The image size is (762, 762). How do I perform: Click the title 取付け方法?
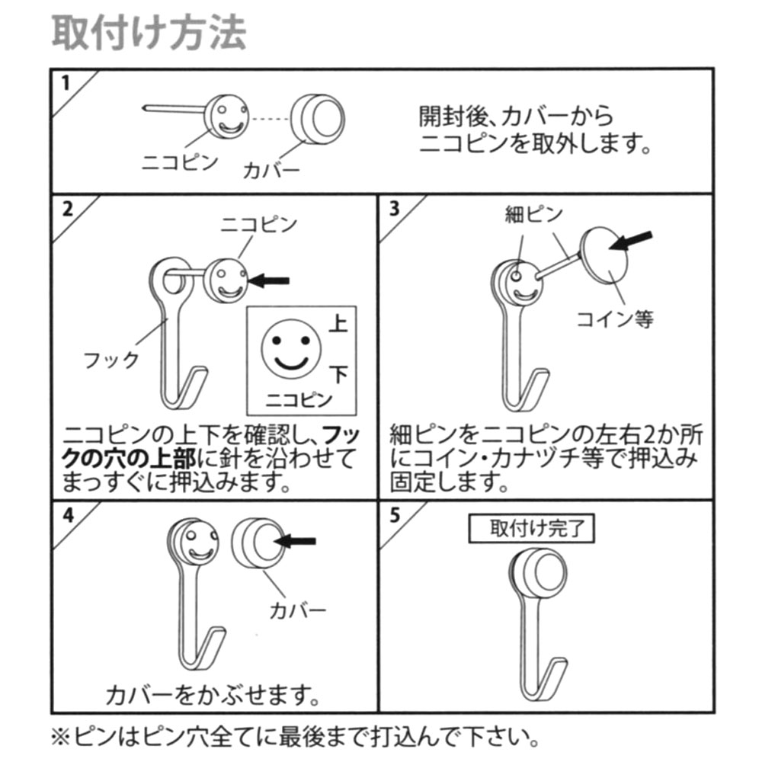[149, 33]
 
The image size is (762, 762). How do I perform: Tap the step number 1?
[66, 83]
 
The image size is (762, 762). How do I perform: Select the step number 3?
[394, 209]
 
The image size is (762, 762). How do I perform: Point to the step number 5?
[395, 514]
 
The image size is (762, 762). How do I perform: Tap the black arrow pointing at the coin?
[630, 240]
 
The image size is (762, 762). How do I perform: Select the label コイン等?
[615, 319]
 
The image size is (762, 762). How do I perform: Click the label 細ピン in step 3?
[533, 214]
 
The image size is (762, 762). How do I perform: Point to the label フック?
[112, 360]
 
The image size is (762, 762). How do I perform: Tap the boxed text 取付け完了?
[531, 528]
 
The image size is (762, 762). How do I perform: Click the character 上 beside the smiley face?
[338, 324]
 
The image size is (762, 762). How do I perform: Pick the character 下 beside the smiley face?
[339, 375]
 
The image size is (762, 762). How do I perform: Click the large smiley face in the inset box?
[291, 349]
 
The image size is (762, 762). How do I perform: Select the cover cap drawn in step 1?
[318, 119]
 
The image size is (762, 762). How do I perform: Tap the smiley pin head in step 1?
[226, 117]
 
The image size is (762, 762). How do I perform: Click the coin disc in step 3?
[604, 255]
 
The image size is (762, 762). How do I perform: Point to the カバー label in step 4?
[297, 610]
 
